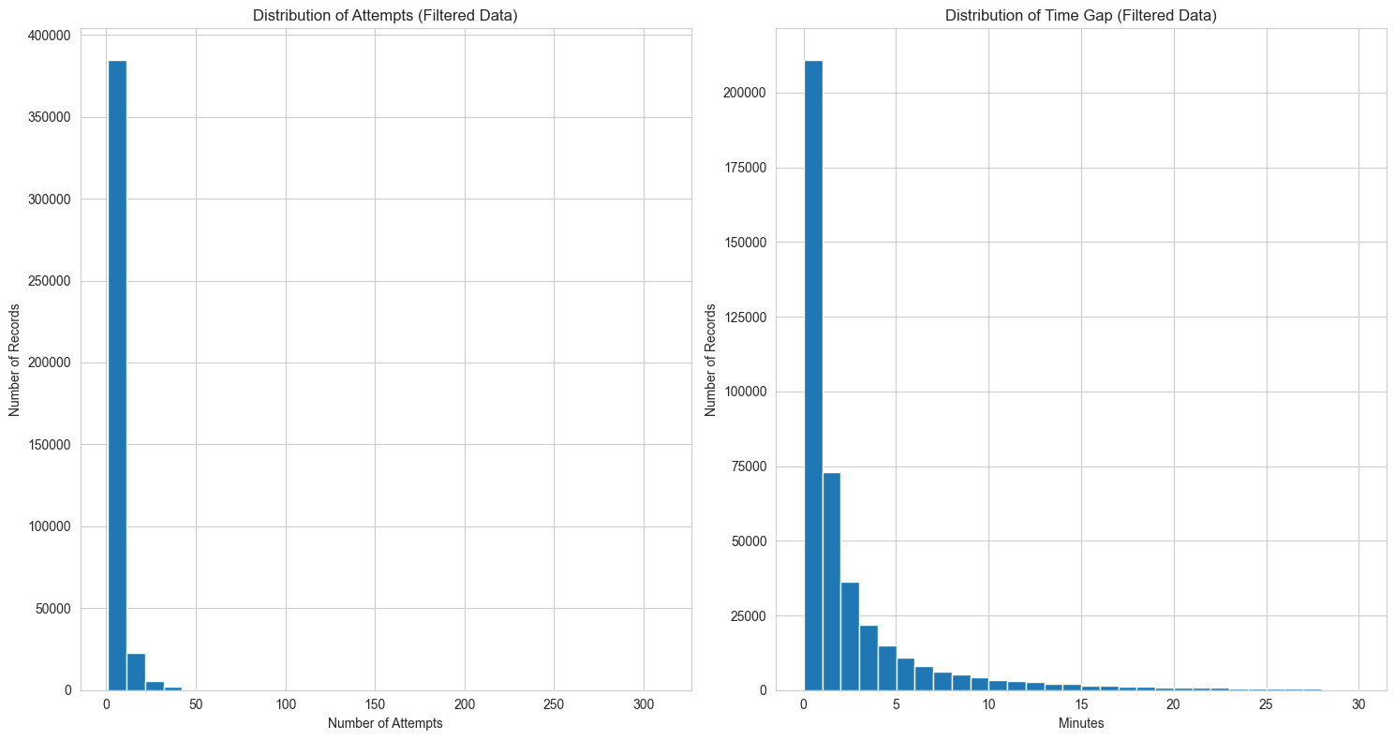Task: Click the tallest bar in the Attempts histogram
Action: (117, 375)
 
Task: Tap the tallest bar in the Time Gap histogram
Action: (813, 375)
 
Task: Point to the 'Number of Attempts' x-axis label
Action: (385, 723)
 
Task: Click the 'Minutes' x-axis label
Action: (1081, 723)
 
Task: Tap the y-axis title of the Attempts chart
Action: (14, 363)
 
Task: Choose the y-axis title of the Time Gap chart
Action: (710, 363)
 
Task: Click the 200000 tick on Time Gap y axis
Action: (747, 93)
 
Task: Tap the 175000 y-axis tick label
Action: (747, 168)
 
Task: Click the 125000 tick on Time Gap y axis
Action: (747, 317)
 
